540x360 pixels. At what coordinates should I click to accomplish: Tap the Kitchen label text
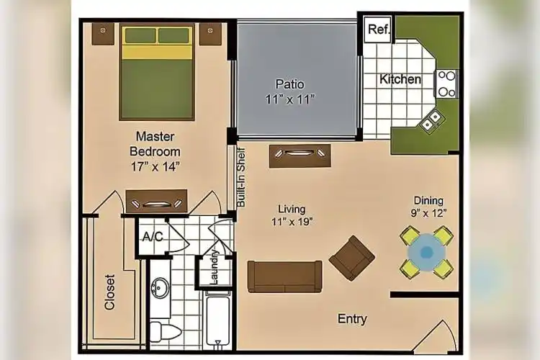click(400, 79)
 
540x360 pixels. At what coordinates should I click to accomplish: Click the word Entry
click(352, 319)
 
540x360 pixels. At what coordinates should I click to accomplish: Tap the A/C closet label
click(152, 236)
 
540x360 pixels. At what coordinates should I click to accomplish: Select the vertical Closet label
click(110, 292)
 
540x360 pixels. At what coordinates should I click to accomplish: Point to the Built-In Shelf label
click(242, 177)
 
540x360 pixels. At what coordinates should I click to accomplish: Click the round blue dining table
click(426, 252)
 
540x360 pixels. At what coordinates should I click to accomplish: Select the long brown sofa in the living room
click(284, 276)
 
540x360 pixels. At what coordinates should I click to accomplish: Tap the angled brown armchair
click(352, 257)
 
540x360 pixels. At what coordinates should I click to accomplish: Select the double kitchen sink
click(433, 122)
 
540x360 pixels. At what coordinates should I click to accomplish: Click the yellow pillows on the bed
click(157, 35)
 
